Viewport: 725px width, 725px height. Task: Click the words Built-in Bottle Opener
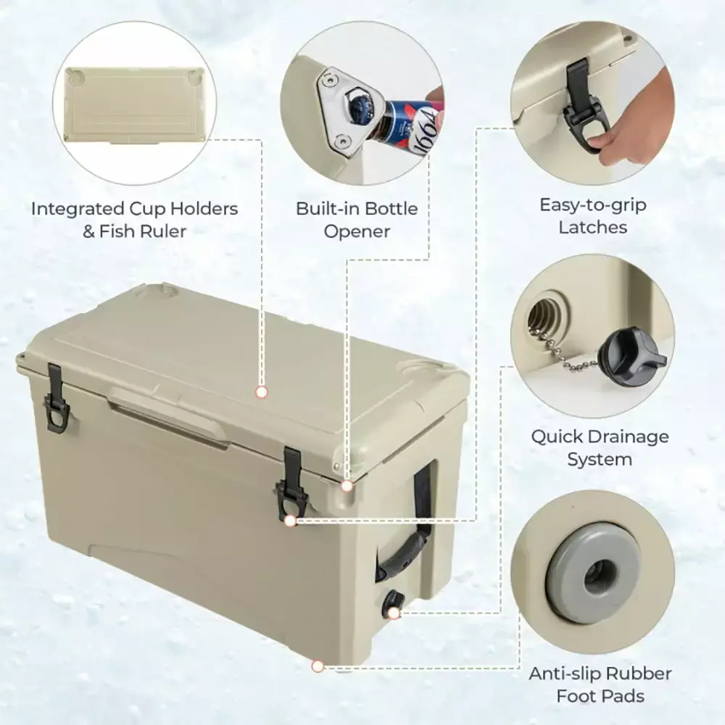tap(357, 220)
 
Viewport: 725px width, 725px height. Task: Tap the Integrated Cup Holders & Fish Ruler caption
tap(134, 220)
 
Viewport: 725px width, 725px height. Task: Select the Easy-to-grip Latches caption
tap(592, 215)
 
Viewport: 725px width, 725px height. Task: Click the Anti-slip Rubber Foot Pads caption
tap(600, 684)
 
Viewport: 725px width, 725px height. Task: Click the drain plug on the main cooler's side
tap(391, 602)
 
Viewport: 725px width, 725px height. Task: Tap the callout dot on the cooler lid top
tap(262, 392)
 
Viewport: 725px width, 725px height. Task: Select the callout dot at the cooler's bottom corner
tap(317, 666)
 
